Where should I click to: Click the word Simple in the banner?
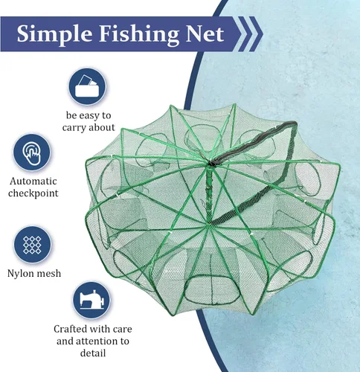[54, 34]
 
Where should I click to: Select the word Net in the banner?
[205, 33]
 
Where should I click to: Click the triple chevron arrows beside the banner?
[251, 33]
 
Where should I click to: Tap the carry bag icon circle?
[87, 86]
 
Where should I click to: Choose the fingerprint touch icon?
[32, 153]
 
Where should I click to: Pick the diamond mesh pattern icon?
[32, 245]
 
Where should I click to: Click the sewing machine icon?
[91, 301]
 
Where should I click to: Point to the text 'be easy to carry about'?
[89, 121]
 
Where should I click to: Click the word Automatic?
[33, 181]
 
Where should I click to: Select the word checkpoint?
[33, 193]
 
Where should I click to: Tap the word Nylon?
[20, 274]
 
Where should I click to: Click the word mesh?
[48, 273]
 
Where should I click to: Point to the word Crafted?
[71, 329]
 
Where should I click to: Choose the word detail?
[93, 353]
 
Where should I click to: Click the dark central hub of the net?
[211, 163]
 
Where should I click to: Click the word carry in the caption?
[74, 128]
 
